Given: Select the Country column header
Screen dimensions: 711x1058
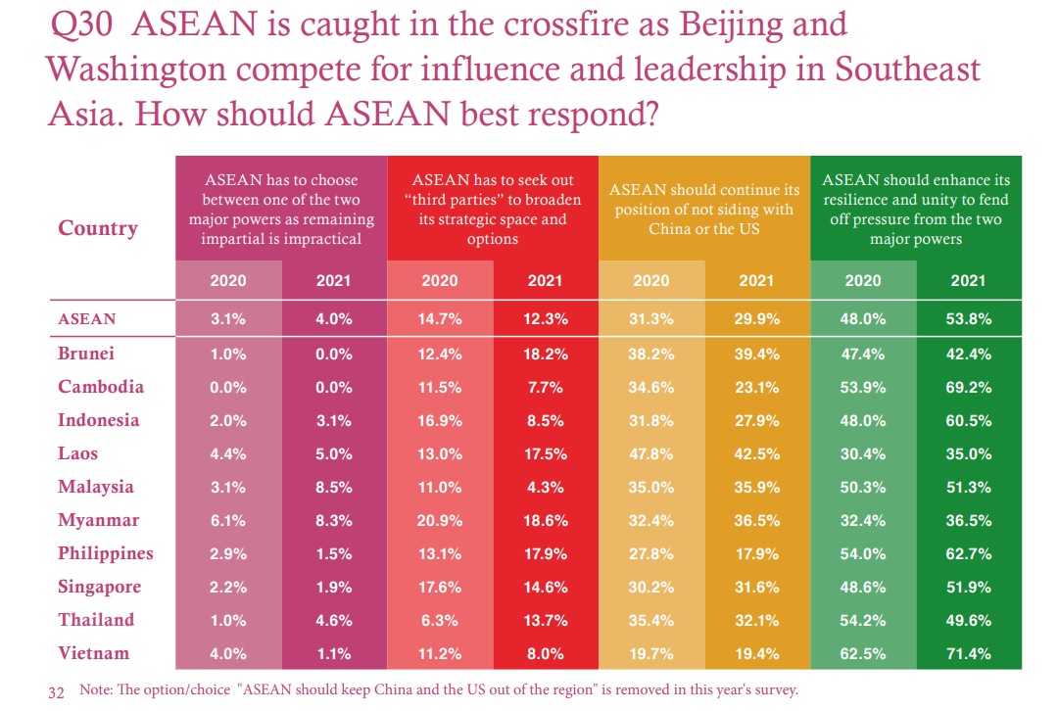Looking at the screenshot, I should tap(98, 228).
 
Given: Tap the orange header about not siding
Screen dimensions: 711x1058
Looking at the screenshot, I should tap(704, 209).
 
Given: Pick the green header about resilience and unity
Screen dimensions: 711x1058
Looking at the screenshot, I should tap(916, 209).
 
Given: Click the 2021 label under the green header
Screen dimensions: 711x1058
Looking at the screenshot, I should tap(968, 281).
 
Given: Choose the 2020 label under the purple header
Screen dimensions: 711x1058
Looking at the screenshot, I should tap(228, 281).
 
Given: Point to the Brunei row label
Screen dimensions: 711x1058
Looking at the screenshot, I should tap(86, 354).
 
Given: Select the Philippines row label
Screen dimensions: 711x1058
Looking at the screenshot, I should tap(106, 553).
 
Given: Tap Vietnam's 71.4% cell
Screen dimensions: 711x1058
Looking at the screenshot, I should tap(968, 653).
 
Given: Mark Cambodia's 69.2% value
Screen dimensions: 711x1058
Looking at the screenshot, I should tap(968, 387).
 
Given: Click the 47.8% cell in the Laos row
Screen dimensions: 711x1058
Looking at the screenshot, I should tap(651, 453).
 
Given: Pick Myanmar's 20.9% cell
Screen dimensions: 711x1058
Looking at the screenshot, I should tap(440, 520).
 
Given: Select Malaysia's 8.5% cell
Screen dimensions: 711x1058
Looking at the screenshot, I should tap(333, 487).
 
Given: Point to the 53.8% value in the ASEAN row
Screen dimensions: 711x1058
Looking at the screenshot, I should tap(968, 318).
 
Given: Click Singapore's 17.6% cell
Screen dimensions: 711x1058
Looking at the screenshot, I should tap(440, 587).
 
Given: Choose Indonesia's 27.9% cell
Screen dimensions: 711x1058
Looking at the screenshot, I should tap(756, 420).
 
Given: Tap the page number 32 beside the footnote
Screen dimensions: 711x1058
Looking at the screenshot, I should tap(56, 690).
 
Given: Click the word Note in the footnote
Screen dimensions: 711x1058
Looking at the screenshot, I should tap(95, 689).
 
